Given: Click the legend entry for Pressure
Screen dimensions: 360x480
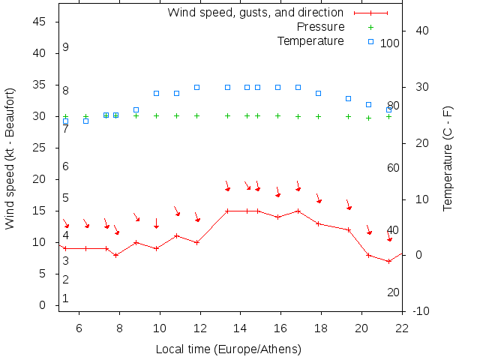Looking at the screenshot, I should click(321, 27).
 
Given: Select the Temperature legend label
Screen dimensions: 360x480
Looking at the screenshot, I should click(310, 41).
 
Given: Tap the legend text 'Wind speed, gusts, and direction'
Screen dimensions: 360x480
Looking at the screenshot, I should click(255, 13).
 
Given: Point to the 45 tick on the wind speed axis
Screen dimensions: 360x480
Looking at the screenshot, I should click(40, 22).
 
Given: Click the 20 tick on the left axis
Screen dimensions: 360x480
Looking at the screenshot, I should click(40, 179).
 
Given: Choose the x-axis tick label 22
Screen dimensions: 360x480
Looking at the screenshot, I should click(403, 327).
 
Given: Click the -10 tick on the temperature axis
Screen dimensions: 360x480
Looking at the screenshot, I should click(421, 311).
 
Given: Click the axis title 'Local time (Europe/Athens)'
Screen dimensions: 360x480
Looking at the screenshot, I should click(228, 349).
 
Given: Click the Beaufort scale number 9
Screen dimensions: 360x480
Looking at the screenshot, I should click(66, 47).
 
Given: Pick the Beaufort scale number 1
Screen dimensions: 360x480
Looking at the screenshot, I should click(66, 298).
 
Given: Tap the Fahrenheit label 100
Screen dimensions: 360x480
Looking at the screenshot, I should click(390, 43).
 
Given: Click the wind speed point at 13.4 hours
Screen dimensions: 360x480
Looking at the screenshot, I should click(227, 211).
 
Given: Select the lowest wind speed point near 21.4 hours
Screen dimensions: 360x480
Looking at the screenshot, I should click(389, 261).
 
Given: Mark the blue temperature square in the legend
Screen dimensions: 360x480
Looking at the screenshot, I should click(370, 41).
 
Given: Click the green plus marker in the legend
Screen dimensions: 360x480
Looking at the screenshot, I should click(370, 27).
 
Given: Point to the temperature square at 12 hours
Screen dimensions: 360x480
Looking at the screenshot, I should click(196, 87).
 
